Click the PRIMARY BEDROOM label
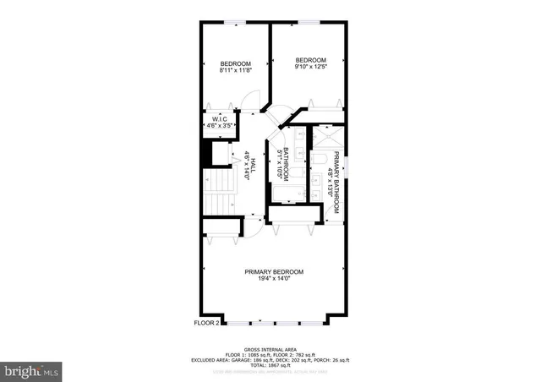[x=274, y=271]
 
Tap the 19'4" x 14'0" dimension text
[x=274, y=279]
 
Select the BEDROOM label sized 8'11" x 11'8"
[x=236, y=64]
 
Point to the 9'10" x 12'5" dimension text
[x=310, y=67]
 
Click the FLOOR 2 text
[x=206, y=322]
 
